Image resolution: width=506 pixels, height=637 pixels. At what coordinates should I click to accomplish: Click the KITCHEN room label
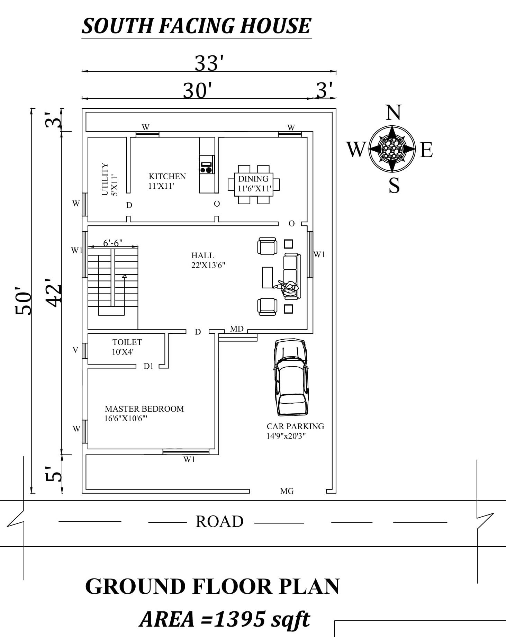point(167,177)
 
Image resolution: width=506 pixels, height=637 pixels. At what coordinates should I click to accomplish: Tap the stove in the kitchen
point(206,164)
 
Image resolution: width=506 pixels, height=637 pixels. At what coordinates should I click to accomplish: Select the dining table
point(254,185)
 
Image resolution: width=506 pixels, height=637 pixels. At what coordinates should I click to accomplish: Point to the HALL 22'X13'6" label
point(208,260)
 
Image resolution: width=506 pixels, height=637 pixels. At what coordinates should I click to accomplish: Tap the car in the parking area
point(291,377)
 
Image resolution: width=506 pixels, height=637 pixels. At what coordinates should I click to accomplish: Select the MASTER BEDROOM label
point(144,409)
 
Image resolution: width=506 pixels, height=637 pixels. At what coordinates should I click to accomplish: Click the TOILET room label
point(127,342)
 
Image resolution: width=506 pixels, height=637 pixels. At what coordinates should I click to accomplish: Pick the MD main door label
point(237,329)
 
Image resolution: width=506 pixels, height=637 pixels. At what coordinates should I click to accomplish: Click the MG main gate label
point(287,491)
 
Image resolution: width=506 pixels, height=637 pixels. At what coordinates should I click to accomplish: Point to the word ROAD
point(219,521)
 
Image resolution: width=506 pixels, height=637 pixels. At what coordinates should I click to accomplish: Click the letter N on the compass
point(393,113)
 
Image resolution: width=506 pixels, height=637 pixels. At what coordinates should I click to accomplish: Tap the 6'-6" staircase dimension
point(113,243)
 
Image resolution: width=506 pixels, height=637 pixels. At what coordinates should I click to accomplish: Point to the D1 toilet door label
point(148,366)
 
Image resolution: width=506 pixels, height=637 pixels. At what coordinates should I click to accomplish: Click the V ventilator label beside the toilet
point(75,350)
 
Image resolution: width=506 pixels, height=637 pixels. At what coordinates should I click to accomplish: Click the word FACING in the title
point(196,26)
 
